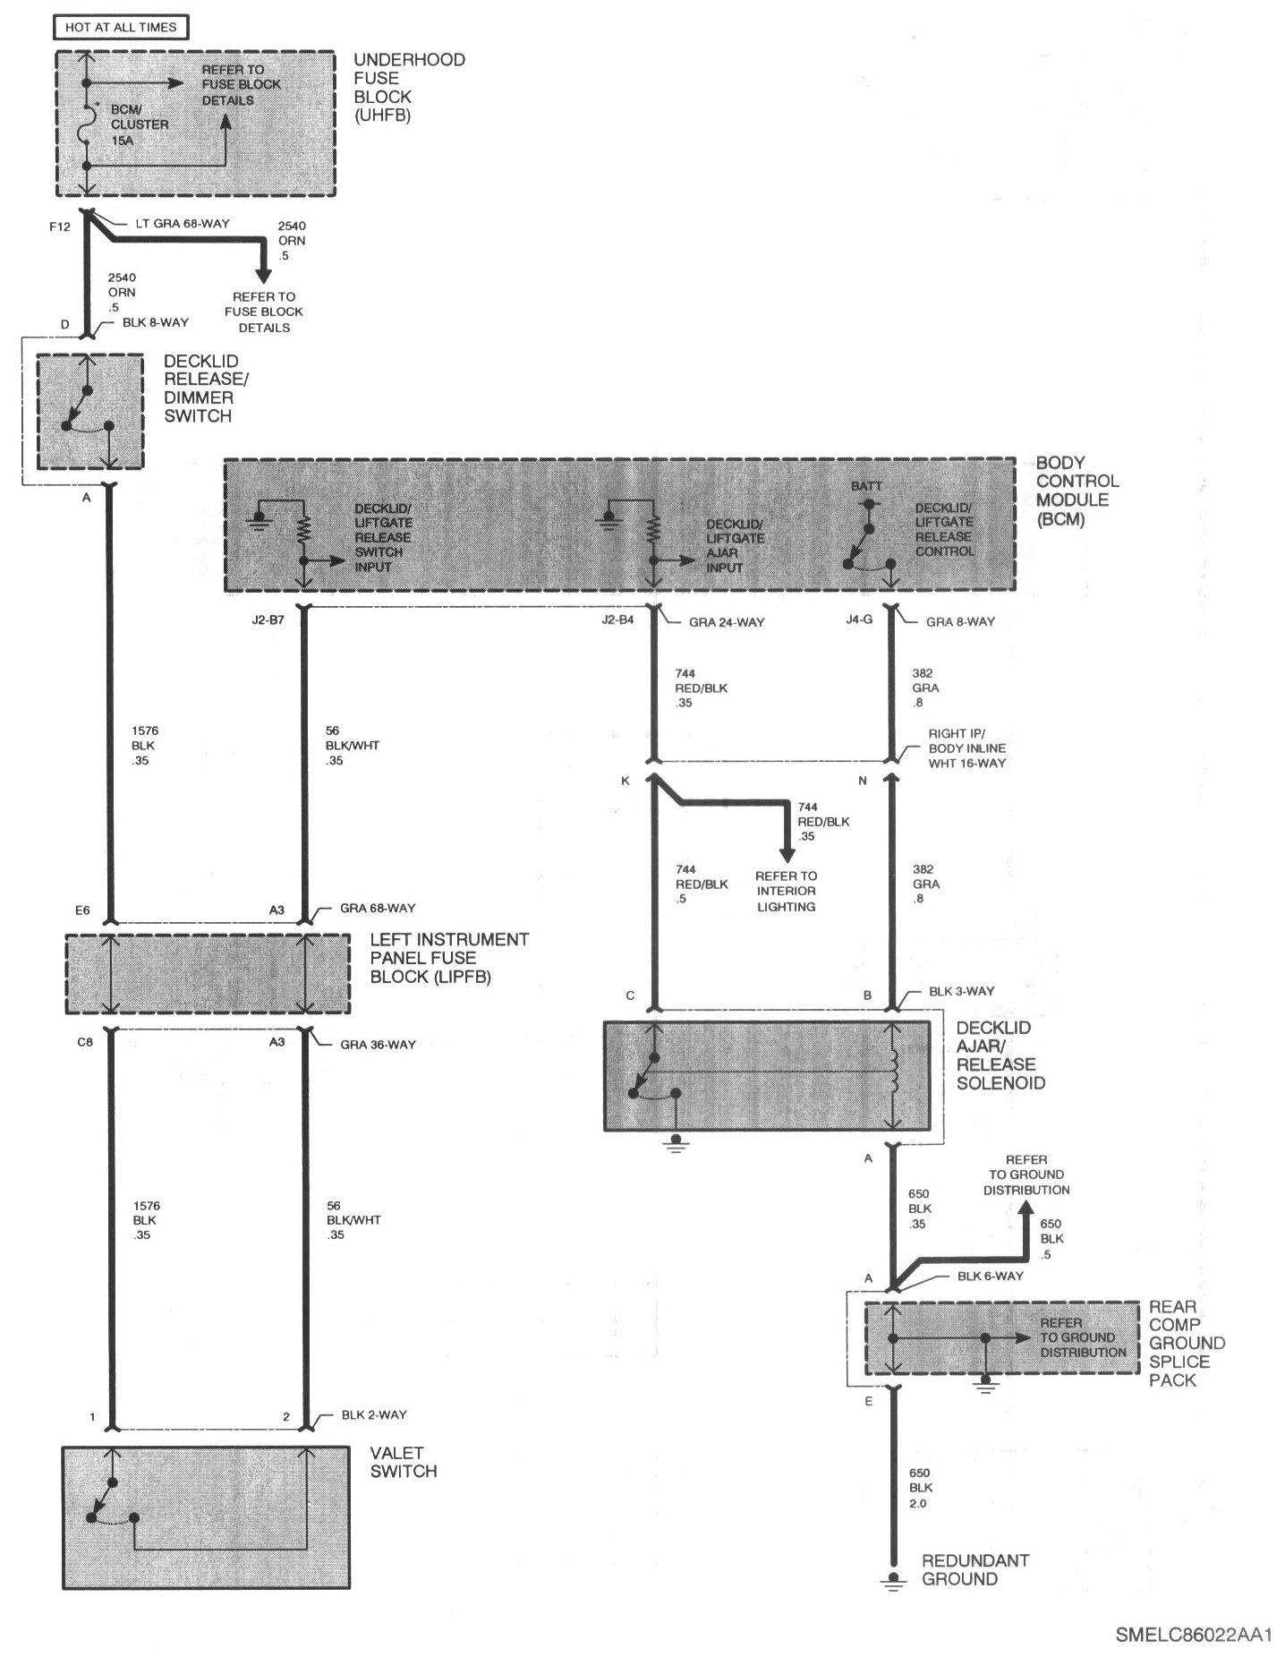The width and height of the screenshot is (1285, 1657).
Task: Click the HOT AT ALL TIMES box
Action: (121, 27)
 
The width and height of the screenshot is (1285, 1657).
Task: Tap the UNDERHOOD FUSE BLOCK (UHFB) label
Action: (409, 87)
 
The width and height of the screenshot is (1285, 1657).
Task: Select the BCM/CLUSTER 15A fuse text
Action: (140, 124)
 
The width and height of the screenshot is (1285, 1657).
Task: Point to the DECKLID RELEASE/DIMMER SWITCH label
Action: (207, 389)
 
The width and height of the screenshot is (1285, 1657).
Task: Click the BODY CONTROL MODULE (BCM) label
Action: (1077, 491)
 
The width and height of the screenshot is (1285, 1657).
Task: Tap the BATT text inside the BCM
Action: (866, 486)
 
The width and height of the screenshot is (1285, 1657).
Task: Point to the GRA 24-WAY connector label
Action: (727, 622)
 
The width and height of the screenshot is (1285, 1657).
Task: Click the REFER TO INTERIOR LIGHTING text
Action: (786, 891)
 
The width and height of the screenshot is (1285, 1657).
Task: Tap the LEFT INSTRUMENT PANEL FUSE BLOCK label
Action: (449, 958)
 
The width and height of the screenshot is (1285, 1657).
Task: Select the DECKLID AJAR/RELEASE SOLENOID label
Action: (1000, 1055)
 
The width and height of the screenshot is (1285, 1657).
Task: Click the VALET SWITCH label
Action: (404, 1462)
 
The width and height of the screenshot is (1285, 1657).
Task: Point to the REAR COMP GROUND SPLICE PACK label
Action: (1187, 1343)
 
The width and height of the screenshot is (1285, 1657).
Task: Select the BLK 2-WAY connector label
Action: (374, 1414)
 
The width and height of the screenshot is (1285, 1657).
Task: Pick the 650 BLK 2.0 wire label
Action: (920, 1488)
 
